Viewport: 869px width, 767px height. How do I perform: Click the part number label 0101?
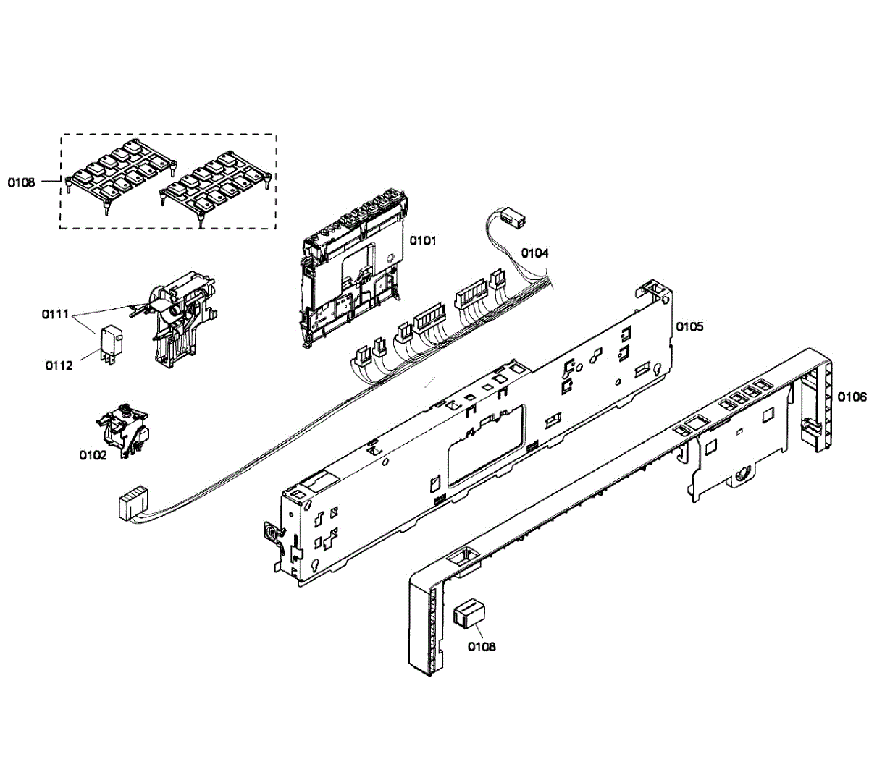click(423, 240)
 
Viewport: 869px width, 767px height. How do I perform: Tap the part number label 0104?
click(535, 253)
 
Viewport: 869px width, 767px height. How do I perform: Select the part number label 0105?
click(689, 326)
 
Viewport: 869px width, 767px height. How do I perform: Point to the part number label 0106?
click(852, 397)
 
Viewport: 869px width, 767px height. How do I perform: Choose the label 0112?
click(59, 365)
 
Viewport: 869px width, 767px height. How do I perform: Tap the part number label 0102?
click(93, 455)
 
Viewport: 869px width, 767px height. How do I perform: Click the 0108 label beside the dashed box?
click(22, 182)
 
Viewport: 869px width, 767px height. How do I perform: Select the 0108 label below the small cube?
click(482, 646)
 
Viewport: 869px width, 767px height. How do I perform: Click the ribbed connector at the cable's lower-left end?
click(131, 503)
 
